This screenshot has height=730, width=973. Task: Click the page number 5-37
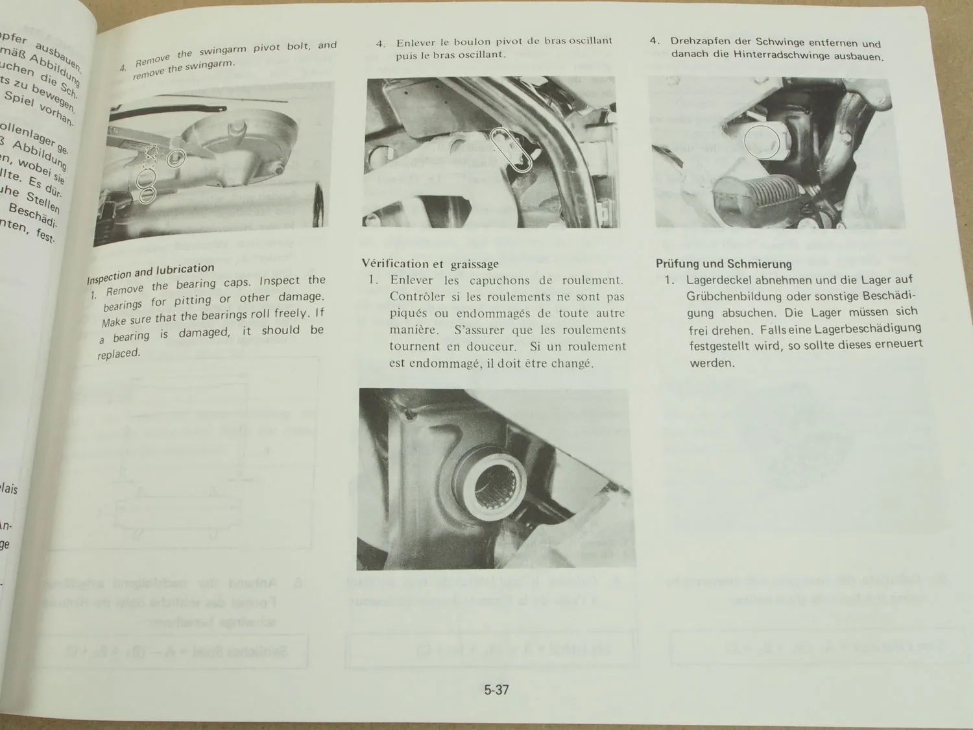[496, 690]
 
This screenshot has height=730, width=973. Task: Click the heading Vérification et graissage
[430, 263]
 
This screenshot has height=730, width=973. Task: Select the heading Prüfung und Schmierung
[723, 263]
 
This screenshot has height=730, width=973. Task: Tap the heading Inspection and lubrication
[150, 273]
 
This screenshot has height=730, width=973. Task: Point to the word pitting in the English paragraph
[193, 300]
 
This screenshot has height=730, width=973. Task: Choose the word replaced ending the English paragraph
[118, 354]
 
